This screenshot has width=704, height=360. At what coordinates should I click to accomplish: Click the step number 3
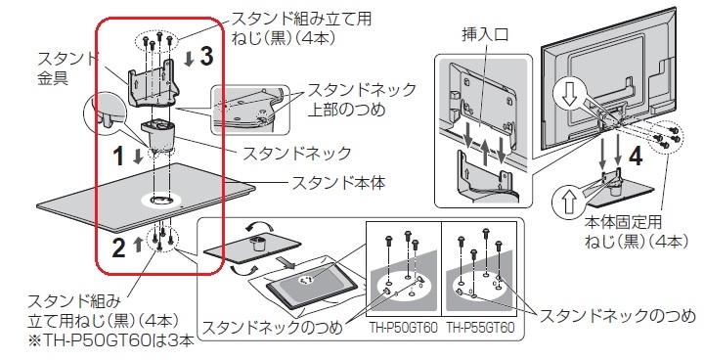click(x=205, y=57)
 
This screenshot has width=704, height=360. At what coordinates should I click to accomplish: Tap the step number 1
click(x=118, y=157)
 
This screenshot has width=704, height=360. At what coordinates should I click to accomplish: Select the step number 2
click(x=118, y=248)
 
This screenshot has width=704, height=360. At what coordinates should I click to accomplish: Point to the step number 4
click(x=635, y=156)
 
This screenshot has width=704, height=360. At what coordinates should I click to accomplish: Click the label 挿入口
click(x=485, y=35)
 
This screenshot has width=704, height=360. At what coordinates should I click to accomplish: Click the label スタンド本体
click(x=338, y=183)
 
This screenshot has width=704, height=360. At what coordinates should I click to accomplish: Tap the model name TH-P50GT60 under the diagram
click(x=403, y=328)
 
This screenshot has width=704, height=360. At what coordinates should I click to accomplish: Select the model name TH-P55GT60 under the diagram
click(x=480, y=328)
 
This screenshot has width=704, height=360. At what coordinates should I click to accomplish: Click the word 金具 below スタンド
click(x=53, y=78)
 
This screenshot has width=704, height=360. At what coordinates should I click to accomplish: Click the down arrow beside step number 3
click(x=189, y=59)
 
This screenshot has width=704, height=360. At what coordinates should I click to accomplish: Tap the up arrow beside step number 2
click(x=138, y=245)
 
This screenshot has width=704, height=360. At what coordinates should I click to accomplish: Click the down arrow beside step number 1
click(x=138, y=157)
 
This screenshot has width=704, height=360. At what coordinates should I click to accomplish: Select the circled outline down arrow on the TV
click(x=569, y=96)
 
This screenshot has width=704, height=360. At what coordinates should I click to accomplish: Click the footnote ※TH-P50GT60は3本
click(x=111, y=340)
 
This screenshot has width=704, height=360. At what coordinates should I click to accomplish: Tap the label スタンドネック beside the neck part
click(x=297, y=154)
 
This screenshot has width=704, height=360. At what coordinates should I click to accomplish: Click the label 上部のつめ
click(x=346, y=110)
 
